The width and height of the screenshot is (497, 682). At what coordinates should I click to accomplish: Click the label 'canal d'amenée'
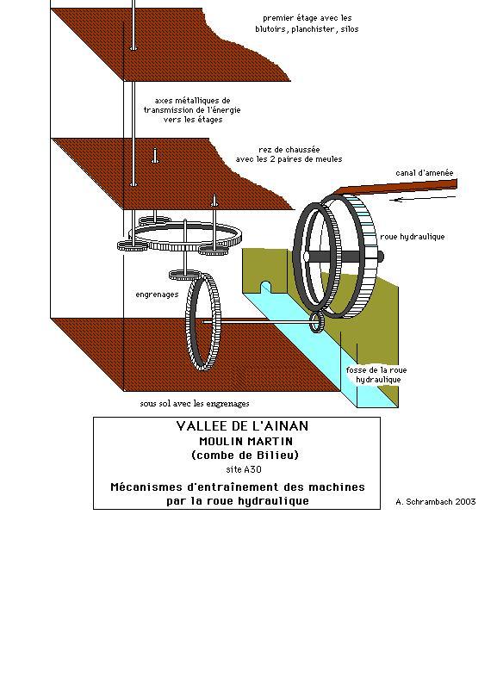point(425,173)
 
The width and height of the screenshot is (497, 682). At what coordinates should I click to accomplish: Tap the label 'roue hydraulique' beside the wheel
point(412,237)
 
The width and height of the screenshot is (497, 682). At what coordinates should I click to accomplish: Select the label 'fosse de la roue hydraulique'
point(376,375)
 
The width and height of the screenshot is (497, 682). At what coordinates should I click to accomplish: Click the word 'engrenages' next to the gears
point(157,294)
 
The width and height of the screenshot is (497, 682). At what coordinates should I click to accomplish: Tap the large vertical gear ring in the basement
point(203,322)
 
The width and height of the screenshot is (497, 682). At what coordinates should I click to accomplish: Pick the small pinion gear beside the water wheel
point(317,322)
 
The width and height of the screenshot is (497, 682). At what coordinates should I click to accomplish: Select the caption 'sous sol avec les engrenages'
point(195,404)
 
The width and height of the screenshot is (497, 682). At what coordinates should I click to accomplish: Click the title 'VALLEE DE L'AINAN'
point(242,425)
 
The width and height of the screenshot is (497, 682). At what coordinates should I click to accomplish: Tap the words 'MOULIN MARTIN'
point(245,441)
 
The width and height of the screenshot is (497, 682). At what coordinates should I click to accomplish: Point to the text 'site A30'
point(244,470)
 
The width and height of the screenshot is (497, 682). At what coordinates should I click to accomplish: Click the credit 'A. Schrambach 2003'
point(436,501)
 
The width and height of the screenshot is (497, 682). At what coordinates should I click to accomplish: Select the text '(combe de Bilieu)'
point(245,456)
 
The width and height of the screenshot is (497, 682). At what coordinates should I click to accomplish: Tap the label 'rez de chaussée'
point(289,150)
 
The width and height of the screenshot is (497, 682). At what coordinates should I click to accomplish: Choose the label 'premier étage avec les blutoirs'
point(307,23)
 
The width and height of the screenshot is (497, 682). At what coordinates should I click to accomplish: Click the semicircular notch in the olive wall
point(265,287)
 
